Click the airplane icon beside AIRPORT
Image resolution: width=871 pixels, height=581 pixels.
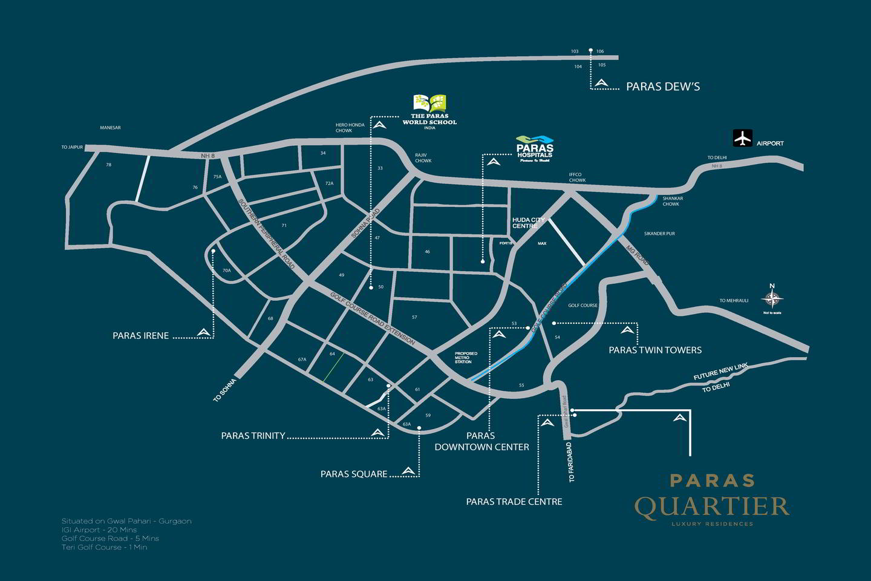tap(742, 138)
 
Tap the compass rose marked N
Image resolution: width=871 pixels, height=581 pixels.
tap(772, 298)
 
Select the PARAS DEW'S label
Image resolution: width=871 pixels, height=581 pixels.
tap(662, 87)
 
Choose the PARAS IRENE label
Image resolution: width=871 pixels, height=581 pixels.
tap(140, 335)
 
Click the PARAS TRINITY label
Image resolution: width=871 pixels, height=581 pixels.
tap(253, 435)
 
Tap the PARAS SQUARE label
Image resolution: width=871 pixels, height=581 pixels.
tap(353, 474)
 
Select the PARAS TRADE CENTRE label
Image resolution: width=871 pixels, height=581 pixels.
tap(514, 502)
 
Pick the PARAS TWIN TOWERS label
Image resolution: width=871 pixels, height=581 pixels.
tap(654, 350)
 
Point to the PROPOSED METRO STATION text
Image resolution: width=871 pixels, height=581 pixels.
tap(466, 357)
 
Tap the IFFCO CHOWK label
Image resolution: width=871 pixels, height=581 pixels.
tap(577, 177)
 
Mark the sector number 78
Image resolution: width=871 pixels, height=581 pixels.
tap(109, 165)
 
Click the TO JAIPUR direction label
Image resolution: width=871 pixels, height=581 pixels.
tap(71, 147)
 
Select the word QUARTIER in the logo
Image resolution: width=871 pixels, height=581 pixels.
tap(711, 507)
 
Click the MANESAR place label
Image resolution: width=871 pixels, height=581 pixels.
tap(110, 128)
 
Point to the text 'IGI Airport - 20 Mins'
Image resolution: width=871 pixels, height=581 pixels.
tap(99, 530)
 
